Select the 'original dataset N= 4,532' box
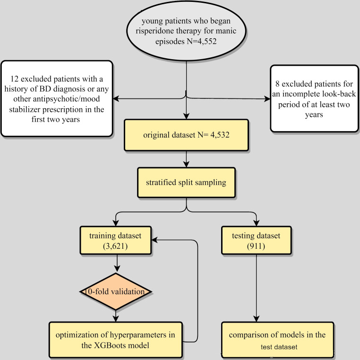pos(186,135)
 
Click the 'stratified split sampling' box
pos(186,182)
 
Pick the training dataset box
pos(115,240)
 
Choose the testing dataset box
pos(256,240)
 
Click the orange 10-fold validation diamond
pos(115,291)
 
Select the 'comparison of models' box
pos(277,340)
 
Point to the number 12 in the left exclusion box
pos(14,79)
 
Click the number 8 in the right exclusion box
pos(277,84)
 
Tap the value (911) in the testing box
pos(256,246)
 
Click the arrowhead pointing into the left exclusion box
pos(116,98)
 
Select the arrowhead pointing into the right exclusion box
pos(267,99)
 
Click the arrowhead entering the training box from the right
pos(154,240)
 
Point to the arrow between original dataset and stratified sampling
pos(186,159)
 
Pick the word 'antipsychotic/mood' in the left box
pos(57,99)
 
